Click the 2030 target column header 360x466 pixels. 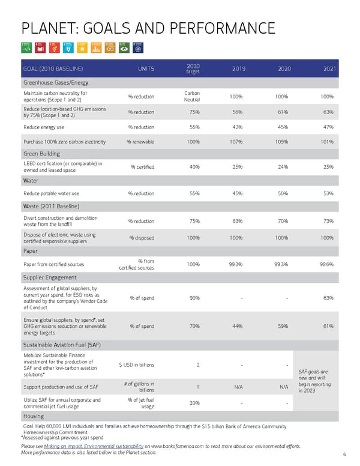point(193,69)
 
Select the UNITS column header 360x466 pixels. point(146,69)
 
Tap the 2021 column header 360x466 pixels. point(328,69)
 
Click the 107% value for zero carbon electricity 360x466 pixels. point(236,142)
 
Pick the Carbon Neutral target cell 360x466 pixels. point(191,97)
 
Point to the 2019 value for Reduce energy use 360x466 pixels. point(236,127)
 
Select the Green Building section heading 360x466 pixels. point(41,154)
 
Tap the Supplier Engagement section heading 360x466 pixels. point(50,277)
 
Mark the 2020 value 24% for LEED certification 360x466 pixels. point(284,167)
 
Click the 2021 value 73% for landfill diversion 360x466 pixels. point(328,221)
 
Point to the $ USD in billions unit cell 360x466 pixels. point(136,365)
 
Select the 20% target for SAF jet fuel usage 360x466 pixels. point(194,403)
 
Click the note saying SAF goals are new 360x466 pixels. point(311,381)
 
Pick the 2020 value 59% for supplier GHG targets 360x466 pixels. point(284,326)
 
